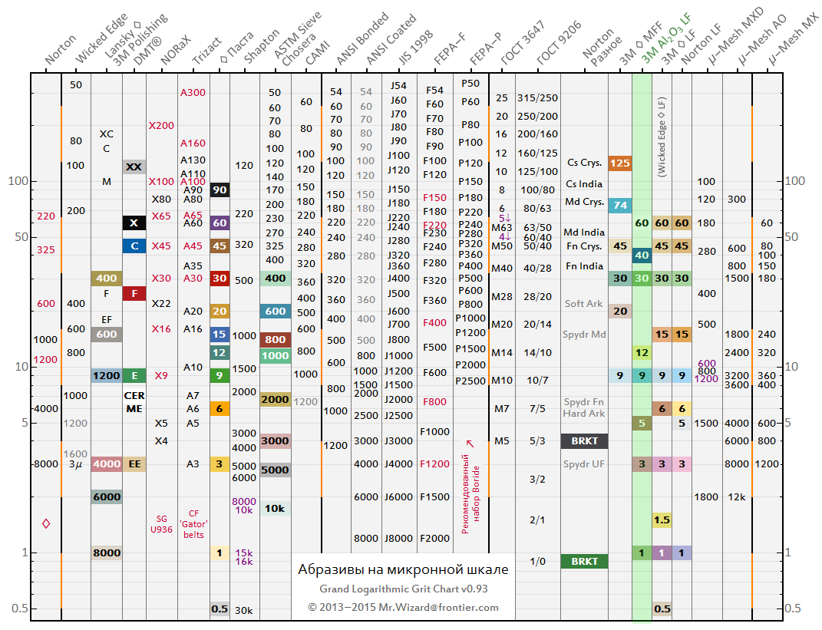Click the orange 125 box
point(619,163)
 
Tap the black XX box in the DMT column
point(134,167)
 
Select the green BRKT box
point(584,561)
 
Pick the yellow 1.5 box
point(662,520)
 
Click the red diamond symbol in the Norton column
point(46,523)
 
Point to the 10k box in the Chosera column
point(275,508)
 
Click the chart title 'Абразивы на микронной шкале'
point(403,569)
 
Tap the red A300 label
point(193,92)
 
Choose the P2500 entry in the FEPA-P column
point(470,381)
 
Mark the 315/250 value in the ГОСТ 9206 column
point(537,97)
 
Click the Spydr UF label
point(584,464)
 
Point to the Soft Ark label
point(584,303)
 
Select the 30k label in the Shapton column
point(244,610)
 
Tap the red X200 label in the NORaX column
point(161,125)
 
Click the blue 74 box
point(619,205)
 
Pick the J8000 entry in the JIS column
point(398,538)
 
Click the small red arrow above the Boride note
point(470,443)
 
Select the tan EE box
point(134,463)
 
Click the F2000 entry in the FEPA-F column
point(434,538)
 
